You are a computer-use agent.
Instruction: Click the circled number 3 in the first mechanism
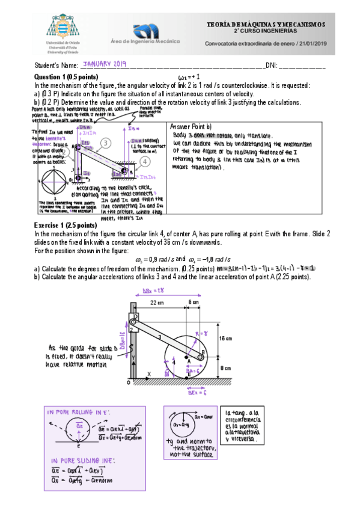point(105,143)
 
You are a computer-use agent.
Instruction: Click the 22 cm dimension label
point(158,302)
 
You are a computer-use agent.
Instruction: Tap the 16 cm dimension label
point(227,339)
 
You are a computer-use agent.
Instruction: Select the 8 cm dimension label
point(226,367)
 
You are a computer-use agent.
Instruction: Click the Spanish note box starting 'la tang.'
point(241,426)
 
